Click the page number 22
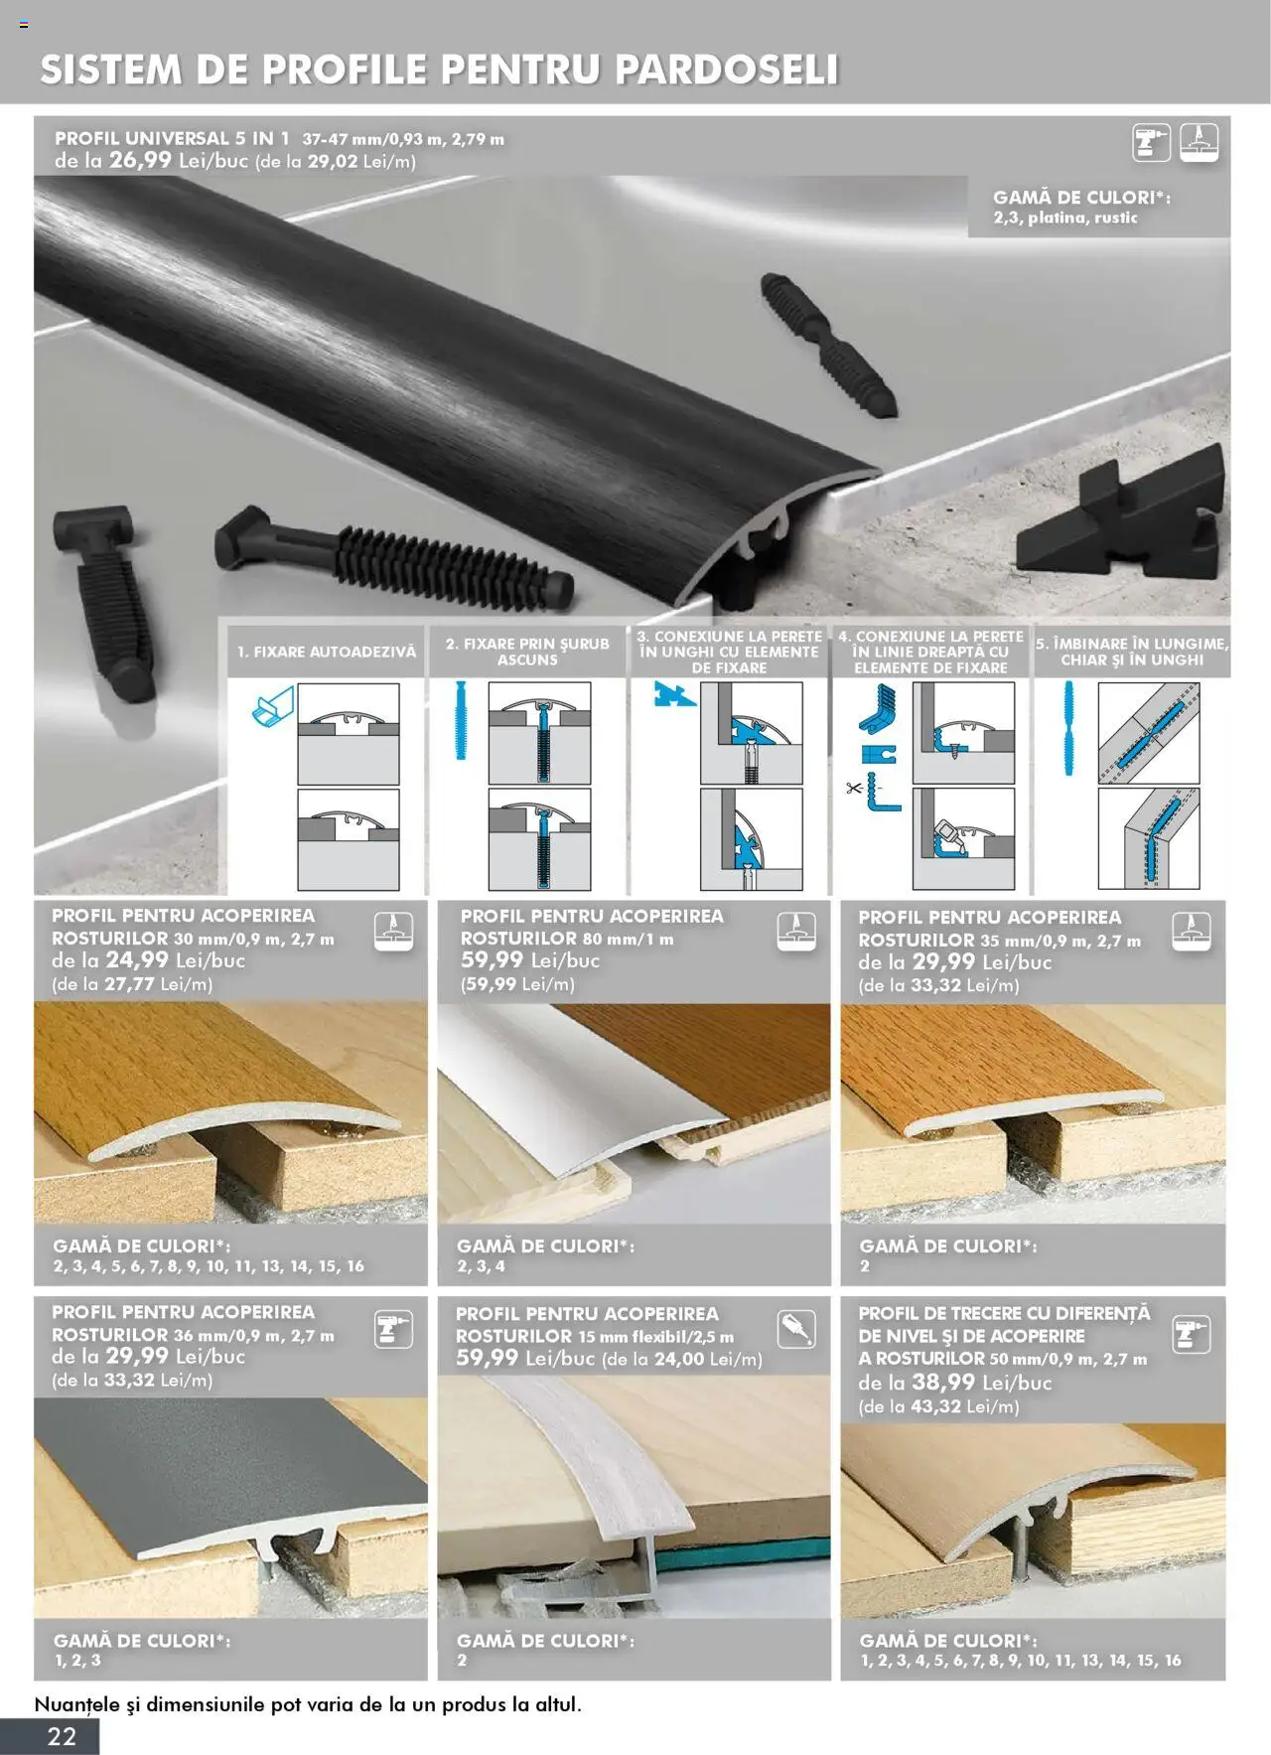pyautogui.click(x=62, y=1735)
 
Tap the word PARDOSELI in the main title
pyautogui.click(x=727, y=70)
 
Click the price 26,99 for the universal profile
pyautogui.click(x=140, y=160)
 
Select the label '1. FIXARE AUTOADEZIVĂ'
pyautogui.click(x=327, y=652)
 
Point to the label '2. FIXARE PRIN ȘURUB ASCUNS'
pyautogui.click(x=527, y=652)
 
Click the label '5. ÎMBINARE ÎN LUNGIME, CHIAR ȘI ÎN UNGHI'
pyautogui.click(x=1132, y=652)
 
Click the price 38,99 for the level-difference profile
pyautogui.click(x=944, y=1382)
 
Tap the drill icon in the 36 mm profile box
pyautogui.click(x=393, y=1329)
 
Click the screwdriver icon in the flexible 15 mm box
pyautogui.click(x=796, y=1329)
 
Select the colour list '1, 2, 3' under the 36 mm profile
pyautogui.click(x=77, y=1660)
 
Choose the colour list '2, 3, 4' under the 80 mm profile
pyautogui.click(x=481, y=1265)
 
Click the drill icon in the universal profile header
pyautogui.click(x=1152, y=143)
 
